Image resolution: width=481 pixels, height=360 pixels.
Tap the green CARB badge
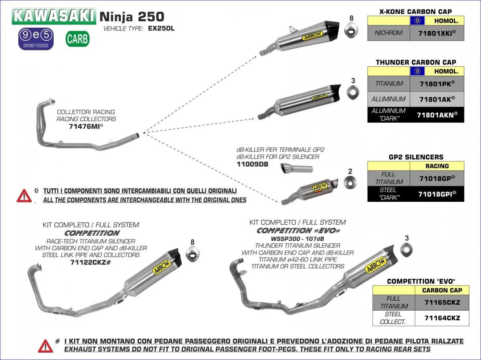coord(77,39)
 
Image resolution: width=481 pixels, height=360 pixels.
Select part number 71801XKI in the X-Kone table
coord(437,33)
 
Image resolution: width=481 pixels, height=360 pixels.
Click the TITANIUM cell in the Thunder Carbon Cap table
coord(389,83)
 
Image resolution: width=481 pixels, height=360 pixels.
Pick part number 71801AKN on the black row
coord(437,115)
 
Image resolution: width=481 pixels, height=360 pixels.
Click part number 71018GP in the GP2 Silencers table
coord(437,178)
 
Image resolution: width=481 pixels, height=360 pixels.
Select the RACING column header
coord(437,166)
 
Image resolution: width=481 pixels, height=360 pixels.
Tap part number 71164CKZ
coord(442,318)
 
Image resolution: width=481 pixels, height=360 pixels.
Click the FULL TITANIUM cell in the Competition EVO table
coord(393,302)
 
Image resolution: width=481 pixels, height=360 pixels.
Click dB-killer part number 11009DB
coord(252,164)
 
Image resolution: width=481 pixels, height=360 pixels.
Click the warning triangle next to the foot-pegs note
coord(45,345)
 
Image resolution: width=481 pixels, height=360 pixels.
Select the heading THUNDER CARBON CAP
coord(416,62)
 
